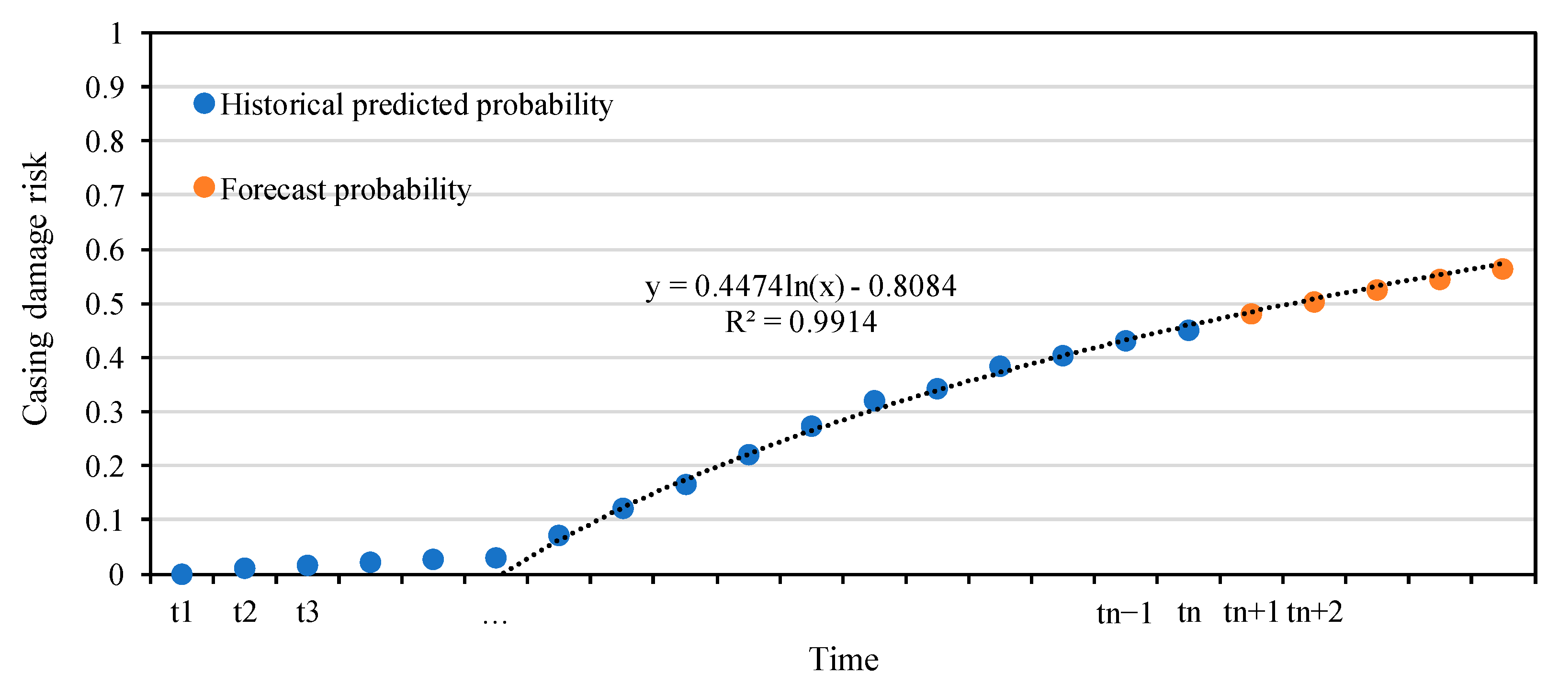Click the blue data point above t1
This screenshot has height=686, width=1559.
click(181, 573)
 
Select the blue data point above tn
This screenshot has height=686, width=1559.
click(1188, 330)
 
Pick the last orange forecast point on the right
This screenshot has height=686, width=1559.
click(1502, 269)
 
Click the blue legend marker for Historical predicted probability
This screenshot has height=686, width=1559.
click(204, 103)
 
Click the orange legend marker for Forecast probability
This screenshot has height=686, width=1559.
click(204, 187)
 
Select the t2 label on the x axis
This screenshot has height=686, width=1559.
click(245, 612)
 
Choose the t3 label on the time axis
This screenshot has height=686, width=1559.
click(307, 612)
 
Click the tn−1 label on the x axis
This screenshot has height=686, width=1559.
click(1124, 613)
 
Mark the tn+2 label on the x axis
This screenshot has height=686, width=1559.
click(1314, 612)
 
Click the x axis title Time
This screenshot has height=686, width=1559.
click(843, 659)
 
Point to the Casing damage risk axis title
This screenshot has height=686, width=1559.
click(35, 288)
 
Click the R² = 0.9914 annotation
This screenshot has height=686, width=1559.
click(801, 321)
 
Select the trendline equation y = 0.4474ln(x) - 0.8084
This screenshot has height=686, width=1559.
click(801, 286)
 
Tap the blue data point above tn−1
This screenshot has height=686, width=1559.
click(1125, 340)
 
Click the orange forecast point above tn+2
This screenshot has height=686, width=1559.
click(1313, 301)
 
